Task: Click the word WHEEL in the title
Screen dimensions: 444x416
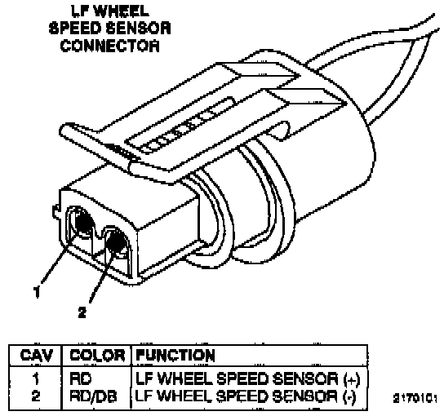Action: point(121,11)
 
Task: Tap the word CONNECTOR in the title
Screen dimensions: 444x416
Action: point(110,46)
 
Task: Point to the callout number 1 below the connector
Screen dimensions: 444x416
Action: point(37,292)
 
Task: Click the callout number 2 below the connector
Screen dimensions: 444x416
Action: point(82,312)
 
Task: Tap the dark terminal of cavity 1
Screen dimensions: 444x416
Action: point(83,222)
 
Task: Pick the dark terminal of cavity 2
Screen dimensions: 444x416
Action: point(116,241)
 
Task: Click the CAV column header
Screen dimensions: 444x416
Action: point(37,356)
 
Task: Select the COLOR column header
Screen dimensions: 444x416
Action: point(97,356)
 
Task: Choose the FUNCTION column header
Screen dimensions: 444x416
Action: point(175,356)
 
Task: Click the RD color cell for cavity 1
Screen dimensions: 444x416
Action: point(81,378)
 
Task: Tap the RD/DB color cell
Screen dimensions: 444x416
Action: point(93,396)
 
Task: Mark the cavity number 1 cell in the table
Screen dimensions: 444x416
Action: point(36,378)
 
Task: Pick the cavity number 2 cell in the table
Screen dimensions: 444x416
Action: point(36,396)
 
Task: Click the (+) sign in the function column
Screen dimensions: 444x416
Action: point(352,379)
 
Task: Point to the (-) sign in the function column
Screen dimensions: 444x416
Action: point(349,397)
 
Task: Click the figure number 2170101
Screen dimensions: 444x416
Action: point(415,398)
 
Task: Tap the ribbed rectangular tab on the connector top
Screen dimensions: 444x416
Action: point(180,126)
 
